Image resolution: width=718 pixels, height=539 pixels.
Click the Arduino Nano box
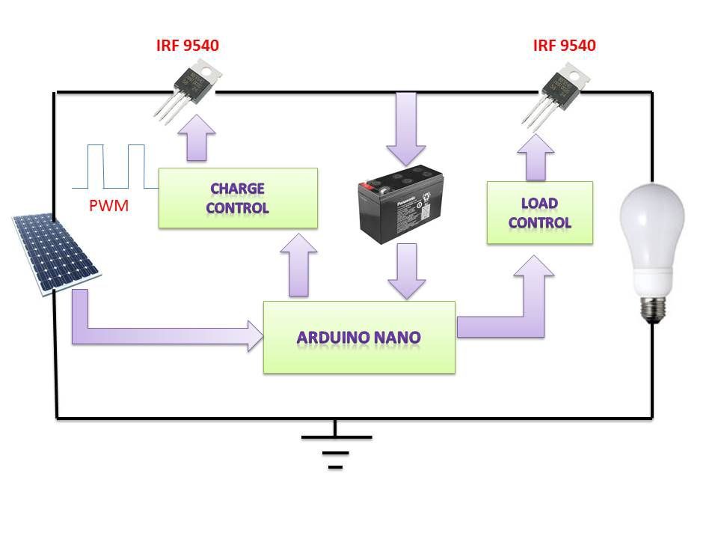pos(359,337)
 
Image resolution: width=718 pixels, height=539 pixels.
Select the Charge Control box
pos(238,198)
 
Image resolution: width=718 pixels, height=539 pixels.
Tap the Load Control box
pos(539,212)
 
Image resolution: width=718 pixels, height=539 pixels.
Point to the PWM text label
pos(108,206)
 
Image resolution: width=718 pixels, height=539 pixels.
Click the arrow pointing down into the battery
pos(406,127)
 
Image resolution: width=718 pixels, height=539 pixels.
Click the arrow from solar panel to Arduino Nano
pos(150,329)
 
